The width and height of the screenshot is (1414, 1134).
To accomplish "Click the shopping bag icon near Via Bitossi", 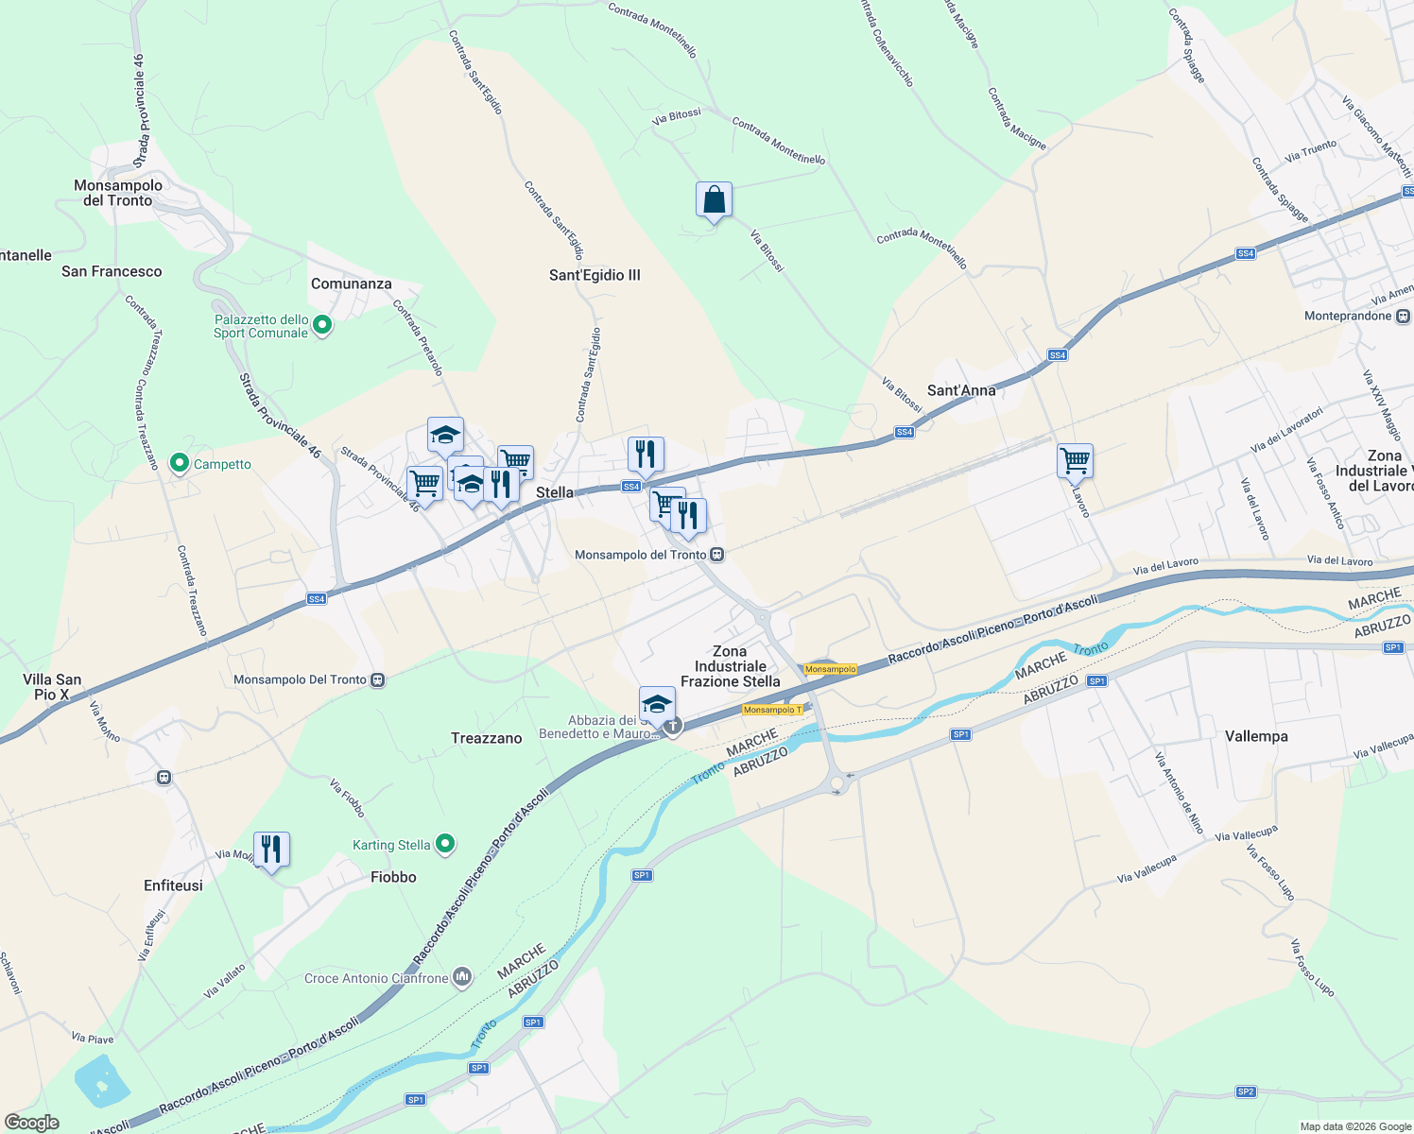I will (714, 200).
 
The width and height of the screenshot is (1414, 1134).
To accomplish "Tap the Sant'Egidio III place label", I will (595, 275).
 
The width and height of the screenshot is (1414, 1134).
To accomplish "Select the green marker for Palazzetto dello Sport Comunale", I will (322, 326).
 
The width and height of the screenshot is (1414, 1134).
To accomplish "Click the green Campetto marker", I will (180, 464).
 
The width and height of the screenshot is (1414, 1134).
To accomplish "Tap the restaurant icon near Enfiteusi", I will (271, 850).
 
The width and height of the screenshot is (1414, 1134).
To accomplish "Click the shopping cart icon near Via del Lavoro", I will (1075, 462).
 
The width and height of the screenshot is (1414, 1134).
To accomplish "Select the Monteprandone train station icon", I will (1403, 316).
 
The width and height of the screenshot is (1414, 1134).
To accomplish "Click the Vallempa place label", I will (1256, 736).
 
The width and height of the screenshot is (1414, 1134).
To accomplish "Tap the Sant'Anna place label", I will (961, 390).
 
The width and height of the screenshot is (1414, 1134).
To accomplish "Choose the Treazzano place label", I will (486, 738).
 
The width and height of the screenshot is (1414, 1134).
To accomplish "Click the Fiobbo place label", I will (393, 877).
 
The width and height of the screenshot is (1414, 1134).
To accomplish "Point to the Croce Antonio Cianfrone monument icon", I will (462, 978).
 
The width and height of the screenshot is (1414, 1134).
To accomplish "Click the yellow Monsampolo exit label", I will (830, 669).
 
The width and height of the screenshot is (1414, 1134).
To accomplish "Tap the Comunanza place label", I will (351, 283).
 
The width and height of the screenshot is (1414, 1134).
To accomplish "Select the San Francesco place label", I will (112, 271).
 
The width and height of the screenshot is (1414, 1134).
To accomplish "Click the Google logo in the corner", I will (31, 1123).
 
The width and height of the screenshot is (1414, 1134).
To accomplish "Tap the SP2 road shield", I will (1246, 1091).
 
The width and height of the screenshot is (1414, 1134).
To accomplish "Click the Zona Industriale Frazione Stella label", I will (731, 666).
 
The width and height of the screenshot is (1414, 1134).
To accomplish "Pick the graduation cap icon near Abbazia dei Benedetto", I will (657, 704).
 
